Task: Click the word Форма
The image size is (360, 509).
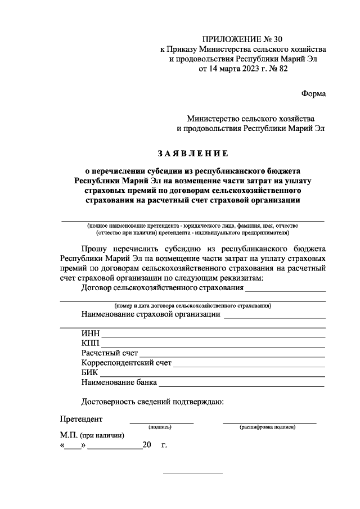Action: (x=314, y=93)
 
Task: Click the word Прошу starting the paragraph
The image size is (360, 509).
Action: (x=96, y=247)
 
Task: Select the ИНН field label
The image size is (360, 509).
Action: (x=90, y=333)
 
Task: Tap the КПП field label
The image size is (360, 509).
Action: (x=90, y=343)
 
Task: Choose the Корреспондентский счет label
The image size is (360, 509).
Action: (x=126, y=363)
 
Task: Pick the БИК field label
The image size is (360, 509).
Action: (x=90, y=373)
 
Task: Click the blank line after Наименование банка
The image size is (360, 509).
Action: (x=242, y=386)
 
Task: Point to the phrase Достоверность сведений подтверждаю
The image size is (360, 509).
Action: (x=152, y=402)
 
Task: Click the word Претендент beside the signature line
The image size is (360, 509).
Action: (x=82, y=419)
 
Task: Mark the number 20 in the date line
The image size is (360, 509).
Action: (x=147, y=445)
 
